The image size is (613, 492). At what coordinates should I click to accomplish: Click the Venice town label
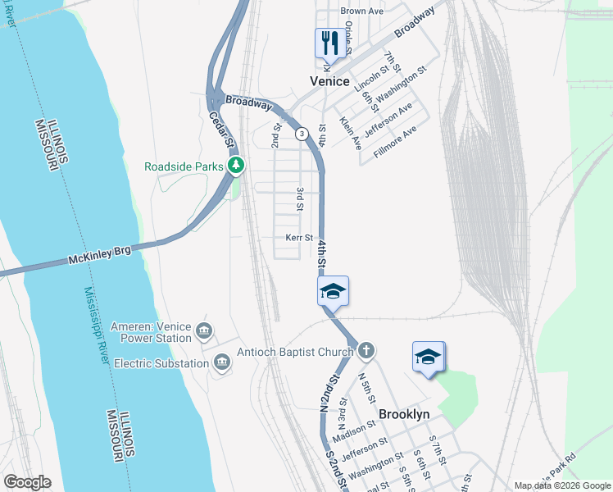pos(329,81)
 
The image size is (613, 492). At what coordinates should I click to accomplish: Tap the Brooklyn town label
pos(403,415)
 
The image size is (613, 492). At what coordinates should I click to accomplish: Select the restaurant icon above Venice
pos(330,43)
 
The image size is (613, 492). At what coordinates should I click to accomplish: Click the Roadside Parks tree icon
pos(236,166)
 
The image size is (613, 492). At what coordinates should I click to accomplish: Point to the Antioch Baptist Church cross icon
pos(366,352)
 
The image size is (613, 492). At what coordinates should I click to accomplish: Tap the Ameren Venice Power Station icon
pos(204,331)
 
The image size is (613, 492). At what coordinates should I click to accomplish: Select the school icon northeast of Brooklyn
pos(428,357)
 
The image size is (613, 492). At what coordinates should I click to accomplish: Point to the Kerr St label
pos(299,238)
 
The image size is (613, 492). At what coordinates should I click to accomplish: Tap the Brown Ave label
pos(362,11)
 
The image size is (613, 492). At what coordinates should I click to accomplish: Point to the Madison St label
pos(354,430)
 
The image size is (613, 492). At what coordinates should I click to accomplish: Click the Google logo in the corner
pos(27,482)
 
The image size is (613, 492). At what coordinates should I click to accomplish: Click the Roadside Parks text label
pos(184,166)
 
